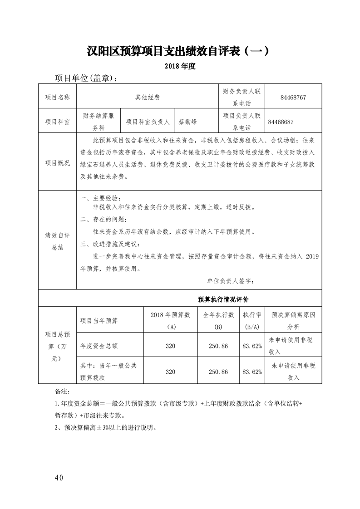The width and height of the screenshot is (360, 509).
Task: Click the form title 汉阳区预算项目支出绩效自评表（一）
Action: tap(180, 51)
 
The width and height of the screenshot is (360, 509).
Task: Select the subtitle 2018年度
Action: tap(180, 66)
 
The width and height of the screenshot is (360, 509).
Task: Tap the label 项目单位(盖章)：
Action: tap(86, 78)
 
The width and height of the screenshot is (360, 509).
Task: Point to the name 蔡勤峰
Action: tap(187, 122)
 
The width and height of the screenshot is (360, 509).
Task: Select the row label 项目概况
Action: tap(58, 163)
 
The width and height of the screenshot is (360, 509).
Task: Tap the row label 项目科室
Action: tap(58, 122)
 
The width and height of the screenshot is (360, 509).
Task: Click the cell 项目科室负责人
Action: tap(148, 122)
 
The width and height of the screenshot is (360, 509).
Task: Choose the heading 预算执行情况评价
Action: tap(222, 300)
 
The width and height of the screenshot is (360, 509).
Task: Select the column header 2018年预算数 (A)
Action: tap(170, 320)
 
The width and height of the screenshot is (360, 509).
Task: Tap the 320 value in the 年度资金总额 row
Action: tap(170, 346)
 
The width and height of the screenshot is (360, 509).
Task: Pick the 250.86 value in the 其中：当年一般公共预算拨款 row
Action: tap(218, 372)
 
